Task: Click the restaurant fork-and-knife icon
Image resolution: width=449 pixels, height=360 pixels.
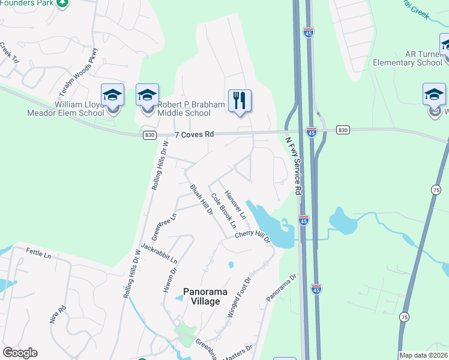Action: (x=240, y=100)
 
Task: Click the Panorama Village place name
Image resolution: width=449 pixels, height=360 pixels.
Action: (x=206, y=296)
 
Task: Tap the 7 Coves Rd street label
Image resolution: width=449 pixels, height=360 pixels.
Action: (x=194, y=135)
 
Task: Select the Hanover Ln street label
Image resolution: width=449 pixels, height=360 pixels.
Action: (x=235, y=205)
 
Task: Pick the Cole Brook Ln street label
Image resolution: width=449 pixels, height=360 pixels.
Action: (x=223, y=213)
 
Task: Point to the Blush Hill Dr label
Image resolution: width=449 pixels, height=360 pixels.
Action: (x=201, y=199)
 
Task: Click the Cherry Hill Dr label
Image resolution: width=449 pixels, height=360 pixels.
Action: (x=253, y=238)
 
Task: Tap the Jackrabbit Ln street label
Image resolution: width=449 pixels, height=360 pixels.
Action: (x=159, y=253)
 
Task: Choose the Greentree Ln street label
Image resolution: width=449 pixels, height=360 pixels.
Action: (x=164, y=227)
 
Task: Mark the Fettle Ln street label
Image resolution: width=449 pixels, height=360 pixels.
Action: (x=38, y=254)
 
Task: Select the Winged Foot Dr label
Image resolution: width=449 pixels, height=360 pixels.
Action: (x=238, y=296)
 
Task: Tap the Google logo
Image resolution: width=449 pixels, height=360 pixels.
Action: (x=20, y=353)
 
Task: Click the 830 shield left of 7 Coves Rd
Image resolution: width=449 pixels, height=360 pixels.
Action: (x=150, y=135)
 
